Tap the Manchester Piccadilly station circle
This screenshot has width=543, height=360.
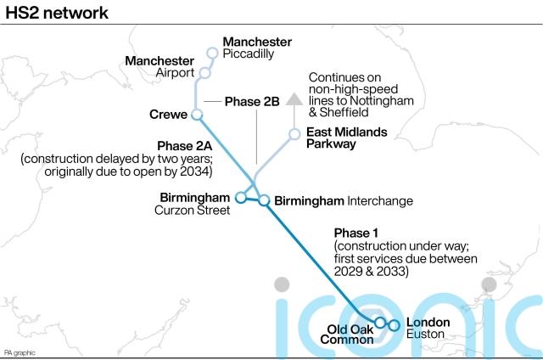213,53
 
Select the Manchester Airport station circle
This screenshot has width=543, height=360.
204,74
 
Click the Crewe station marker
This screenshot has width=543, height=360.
197,114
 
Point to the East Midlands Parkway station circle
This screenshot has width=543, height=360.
294,134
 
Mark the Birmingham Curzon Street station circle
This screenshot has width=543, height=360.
240,198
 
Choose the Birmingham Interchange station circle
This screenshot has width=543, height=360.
264,201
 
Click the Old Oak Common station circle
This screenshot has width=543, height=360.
381,323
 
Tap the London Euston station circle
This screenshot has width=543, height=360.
394,325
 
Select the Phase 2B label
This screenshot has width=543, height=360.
252,102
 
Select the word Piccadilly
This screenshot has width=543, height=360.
249,53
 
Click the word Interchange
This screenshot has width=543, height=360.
380,201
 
